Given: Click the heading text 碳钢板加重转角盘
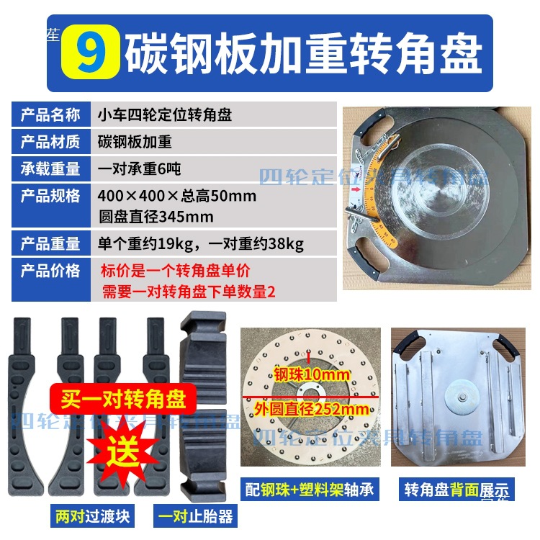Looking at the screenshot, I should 303,53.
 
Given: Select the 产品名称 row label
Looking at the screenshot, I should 50,115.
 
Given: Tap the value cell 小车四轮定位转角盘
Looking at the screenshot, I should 165,115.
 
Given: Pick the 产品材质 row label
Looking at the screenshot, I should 50,142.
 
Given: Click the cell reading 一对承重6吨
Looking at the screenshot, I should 140,169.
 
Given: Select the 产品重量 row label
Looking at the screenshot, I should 50,243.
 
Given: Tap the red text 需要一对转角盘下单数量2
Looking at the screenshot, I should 189,291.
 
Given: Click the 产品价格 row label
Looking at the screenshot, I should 50,271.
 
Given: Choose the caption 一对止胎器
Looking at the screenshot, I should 194,516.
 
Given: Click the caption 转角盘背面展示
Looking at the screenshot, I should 457,490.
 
